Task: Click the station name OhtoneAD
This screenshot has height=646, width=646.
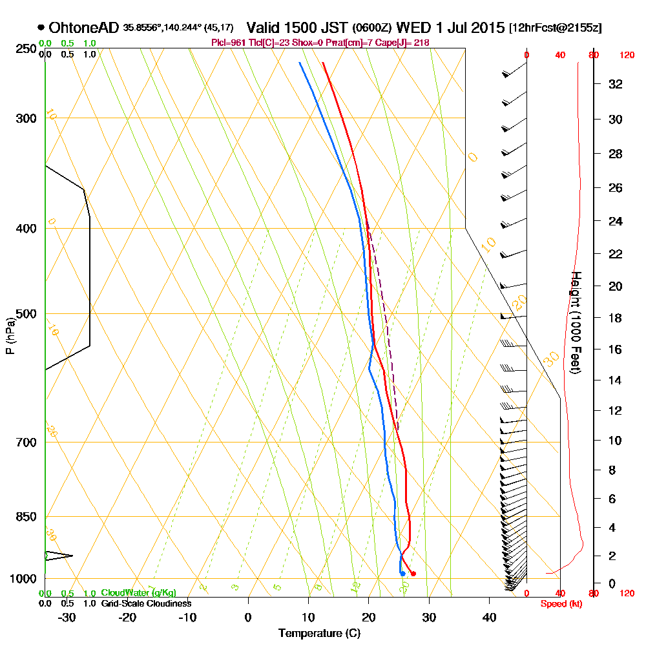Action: [x=84, y=28]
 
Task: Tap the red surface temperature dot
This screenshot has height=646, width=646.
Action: [x=413, y=574]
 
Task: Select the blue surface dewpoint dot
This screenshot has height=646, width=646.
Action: [x=402, y=573]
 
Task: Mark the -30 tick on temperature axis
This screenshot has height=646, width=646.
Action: [x=67, y=616]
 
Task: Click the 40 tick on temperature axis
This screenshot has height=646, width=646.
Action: [x=489, y=616]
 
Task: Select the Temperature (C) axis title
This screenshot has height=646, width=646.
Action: [x=319, y=634]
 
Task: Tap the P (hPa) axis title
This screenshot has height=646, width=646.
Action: [x=10, y=335]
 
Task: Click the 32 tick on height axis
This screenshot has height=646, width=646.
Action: [x=616, y=84]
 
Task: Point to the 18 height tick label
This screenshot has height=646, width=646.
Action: [x=616, y=318]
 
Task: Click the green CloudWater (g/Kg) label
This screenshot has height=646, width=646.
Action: [x=138, y=593]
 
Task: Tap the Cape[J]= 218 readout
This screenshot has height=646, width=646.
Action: [x=408, y=43]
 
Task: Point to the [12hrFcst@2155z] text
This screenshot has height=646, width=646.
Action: [x=556, y=28]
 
